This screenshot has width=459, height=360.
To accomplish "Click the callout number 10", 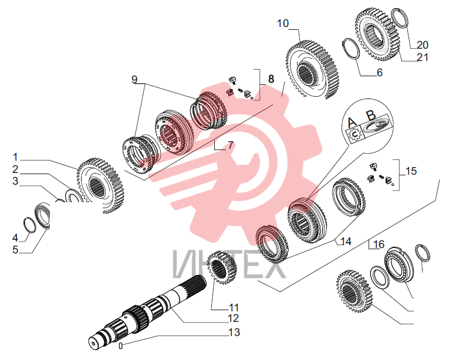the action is tap(283, 23).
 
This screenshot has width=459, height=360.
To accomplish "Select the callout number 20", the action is tap(423, 45).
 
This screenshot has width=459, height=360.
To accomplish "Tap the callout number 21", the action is tap(423, 57).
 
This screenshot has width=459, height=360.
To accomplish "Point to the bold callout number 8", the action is tap(271, 79).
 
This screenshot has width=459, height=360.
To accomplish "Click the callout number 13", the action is tap(234, 332).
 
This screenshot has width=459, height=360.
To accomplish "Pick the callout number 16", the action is tap(379, 244).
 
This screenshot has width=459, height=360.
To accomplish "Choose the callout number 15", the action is tap(411, 171).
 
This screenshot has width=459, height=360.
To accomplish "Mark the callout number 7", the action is tap(231, 145).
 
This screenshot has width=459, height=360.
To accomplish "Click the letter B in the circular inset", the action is tap(371, 116).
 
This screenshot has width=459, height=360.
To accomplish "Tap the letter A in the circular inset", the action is tap(352, 123).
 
